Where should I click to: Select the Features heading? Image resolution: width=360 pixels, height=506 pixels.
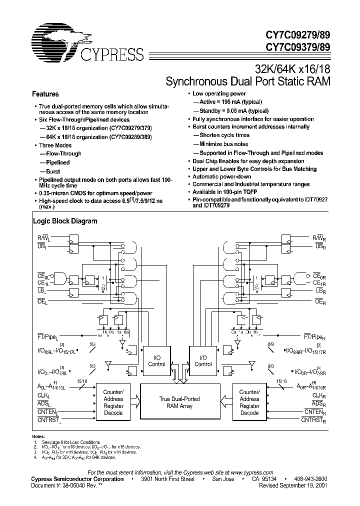[45, 94]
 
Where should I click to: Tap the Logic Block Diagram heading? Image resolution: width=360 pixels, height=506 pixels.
[65, 220]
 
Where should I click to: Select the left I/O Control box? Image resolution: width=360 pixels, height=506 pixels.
[156, 361]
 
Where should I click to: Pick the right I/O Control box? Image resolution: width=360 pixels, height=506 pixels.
[203, 361]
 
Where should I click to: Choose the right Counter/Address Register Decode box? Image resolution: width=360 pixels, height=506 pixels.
[249, 402]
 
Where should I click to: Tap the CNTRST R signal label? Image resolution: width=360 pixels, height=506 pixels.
[313, 421]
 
